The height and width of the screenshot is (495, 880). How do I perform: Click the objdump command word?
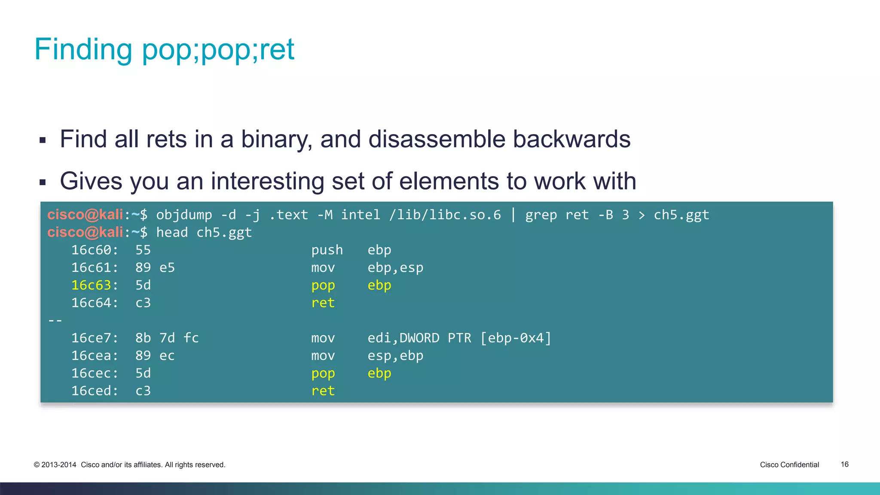tap(184, 215)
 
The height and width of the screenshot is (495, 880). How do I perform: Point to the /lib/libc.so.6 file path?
tap(445, 215)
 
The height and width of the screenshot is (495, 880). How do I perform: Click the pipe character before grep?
tap(513, 214)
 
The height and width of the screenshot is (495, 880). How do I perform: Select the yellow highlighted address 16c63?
tap(91, 285)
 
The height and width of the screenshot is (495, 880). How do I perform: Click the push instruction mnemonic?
tap(327, 250)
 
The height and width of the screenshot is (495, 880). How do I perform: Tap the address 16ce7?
tap(91, 338)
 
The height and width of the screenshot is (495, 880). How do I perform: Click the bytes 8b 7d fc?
tap(167, 338)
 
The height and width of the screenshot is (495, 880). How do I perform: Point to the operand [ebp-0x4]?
tap(515, 338)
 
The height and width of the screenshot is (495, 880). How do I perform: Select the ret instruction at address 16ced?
tap(323, 391)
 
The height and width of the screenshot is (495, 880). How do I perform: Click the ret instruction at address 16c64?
tap(323, 303)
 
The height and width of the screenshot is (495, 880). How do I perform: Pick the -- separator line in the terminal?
tap(55, 321)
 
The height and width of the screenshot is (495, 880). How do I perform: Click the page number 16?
tap(844, 464)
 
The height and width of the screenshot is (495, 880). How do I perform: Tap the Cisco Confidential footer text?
tap(789, 464)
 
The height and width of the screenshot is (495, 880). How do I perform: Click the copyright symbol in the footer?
tap(37, 465)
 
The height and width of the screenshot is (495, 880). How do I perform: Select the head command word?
tap(172, 232)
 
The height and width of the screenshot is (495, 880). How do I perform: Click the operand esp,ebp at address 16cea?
tap(395, 356)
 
